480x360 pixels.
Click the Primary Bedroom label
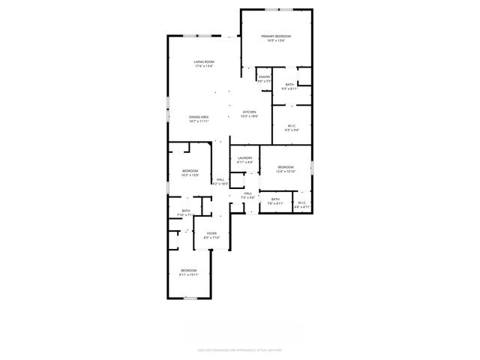[x=276, y=36]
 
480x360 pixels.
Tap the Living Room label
[x=204, y=61]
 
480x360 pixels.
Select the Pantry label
[x=264, y=76]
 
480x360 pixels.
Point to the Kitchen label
[x=248, y=112]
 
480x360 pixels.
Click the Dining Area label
[x=199, y=117]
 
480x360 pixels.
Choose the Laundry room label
[x=244, y=157]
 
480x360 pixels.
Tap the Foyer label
[x=211, y=233]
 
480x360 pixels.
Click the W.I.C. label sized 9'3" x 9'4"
[x=292, y=126]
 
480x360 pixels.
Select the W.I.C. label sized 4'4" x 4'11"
[x=302, y=202]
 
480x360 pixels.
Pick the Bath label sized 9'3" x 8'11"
[x=289, y=85]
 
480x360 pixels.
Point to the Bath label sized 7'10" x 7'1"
[x=185, y=211]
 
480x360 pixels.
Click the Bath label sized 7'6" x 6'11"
[x=275, y=199]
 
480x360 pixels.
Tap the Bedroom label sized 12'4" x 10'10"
[x=286, y=166]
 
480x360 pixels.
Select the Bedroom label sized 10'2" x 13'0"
[x=190, y=171]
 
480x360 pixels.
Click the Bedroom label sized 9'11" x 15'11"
[x=188, y=270]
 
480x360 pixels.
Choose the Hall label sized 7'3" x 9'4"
[x=247, y=193]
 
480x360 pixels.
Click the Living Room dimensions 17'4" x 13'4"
[x=204, y=66]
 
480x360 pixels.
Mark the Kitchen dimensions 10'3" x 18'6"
[x=248, y=116]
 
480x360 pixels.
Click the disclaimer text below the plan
[x=240, y=349]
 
